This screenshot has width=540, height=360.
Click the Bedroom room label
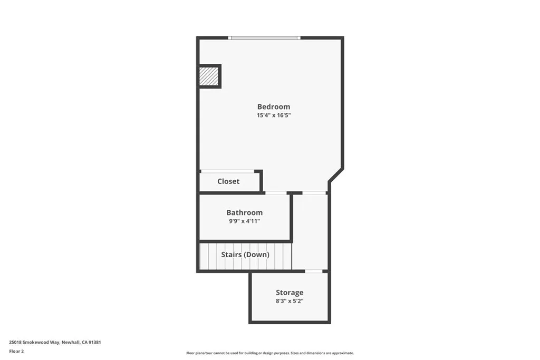pyautogui.click(x=273, y=106)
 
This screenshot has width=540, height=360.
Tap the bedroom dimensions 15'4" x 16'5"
pyautogui.click(x=273, y=115)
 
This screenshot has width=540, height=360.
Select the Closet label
pyautogui.click(x=228, y=181)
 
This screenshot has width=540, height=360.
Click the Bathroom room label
pyautogui.click(x=244, y=212)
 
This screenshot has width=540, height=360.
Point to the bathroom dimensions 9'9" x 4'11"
pyautogui.click(x=244, y=221)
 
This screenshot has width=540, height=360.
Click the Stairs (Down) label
pyautogui.click(x=245, y=255)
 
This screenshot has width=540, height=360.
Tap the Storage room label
pyautogui.click(x=290, y=293)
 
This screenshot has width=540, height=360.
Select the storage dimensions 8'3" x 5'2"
pyautogui.click(x=290, y=301)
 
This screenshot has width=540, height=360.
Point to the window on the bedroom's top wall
pyautogui.click(x=264, y=38)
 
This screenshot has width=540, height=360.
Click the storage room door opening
pyautogui.click(x=314, y=271)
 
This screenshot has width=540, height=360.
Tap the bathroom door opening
pyautogui.click(x=276, y=193)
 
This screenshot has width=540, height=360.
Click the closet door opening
pyautogui.click(x=227, y=171)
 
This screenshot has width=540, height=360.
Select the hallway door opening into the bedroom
pyautogui.click(x=314, y=193)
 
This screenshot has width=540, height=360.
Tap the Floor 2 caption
pyautogui.click(x=17, y=351)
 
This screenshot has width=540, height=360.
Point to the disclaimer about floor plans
pyautogui.click(x=269, y=353)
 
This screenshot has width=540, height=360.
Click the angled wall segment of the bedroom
pyautogui.click(x=336, y=176)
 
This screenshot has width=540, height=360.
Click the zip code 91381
pyautogui.click(x=95, y=342)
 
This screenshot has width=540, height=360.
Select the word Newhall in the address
pyautogui.click(x=70, y=342)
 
